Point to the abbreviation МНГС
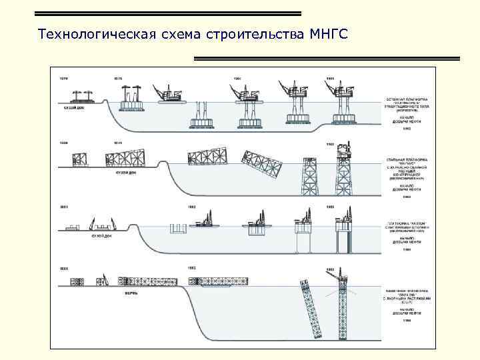329,33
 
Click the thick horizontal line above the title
167,13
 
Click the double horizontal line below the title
327,59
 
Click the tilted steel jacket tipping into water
253,162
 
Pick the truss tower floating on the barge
220,283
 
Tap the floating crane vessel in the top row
170,95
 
